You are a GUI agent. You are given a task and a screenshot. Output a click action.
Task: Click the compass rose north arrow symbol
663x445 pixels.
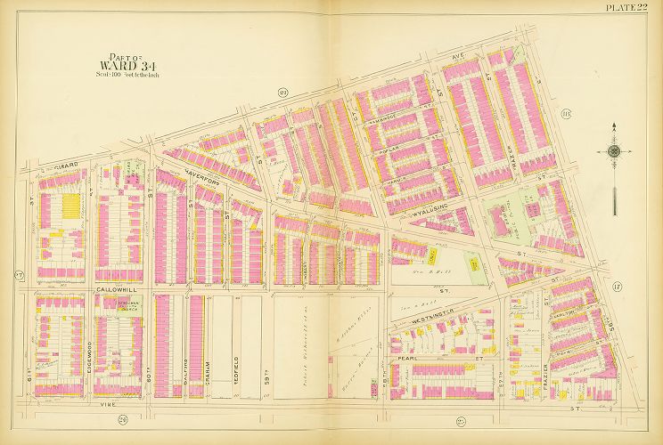[x=614, y=151]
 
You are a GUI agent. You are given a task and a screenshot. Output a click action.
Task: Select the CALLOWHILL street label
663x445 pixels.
[x=116, y=290]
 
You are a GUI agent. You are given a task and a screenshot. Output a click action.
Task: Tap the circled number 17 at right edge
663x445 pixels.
[x=615, y=286]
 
